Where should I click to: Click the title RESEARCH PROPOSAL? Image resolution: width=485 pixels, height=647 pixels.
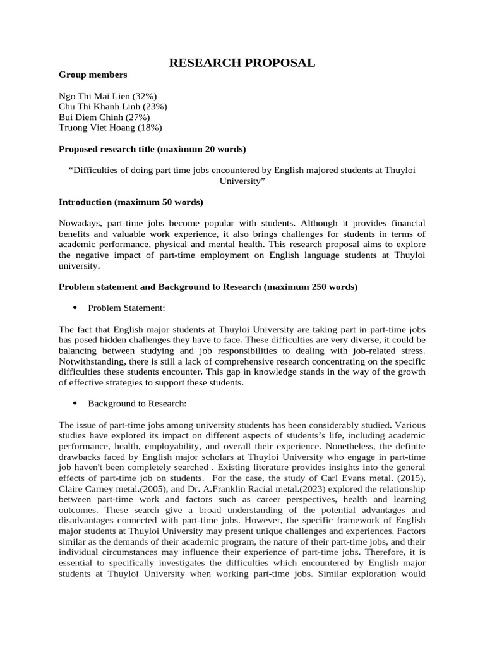(242, 63)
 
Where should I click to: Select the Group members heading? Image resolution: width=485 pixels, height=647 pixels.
(93, 75)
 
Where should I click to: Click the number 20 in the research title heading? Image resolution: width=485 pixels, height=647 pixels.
(210, 150)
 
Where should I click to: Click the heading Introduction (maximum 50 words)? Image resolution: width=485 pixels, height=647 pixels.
(131, 203)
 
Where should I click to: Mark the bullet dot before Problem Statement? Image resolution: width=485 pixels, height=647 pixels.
(75, 308)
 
